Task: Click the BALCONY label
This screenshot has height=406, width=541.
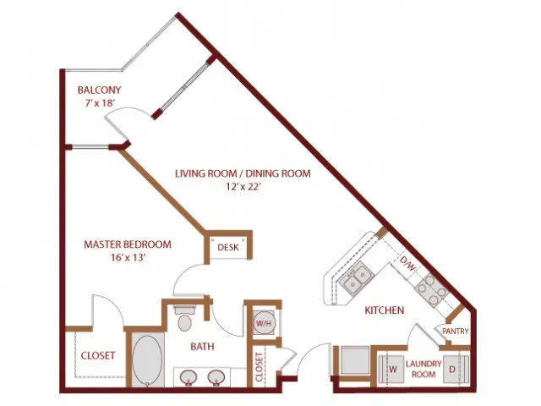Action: click(x=100, y=91)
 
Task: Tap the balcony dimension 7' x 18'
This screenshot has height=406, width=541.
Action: click(x=100, y=103)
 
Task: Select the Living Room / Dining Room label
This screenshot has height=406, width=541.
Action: click(x=243, y=173)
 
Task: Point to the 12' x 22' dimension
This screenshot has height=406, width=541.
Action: click(x=243, y=187)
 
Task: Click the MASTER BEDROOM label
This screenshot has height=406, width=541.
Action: click(x=128, y=244)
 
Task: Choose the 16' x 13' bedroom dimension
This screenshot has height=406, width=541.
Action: click(x=128, y=257)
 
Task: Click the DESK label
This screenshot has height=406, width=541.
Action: click(x=228, y=247)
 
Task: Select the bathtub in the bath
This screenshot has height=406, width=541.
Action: click(x=147, y=360)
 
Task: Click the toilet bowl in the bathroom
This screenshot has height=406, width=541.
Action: click(x=185, y=322)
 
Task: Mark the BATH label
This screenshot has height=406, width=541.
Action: click(x=203, y=346)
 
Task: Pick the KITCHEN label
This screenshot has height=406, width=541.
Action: click(x=385, y=310)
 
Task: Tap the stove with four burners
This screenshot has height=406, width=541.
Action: click(x=432, y=290)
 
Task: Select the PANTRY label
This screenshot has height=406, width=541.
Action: click(x=456, y=331)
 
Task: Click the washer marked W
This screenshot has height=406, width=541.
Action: click(x=391, y=369)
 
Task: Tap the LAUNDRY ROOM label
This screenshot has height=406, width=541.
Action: click(x=424, y=369)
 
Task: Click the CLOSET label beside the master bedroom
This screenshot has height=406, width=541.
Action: click(x=98, y=355)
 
